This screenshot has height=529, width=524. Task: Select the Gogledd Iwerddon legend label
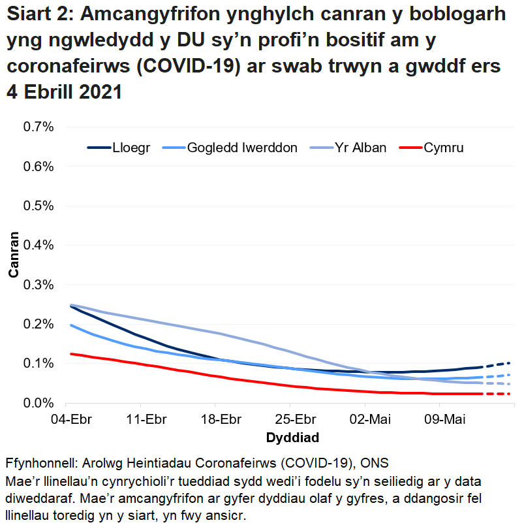click(242, 148)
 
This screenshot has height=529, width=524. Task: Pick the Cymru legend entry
click(444, 148)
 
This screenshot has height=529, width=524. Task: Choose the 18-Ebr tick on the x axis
click(217, 419)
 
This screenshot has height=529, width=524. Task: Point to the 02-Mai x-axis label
click(365, 419)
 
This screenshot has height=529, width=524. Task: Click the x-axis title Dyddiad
click(292, 436)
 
